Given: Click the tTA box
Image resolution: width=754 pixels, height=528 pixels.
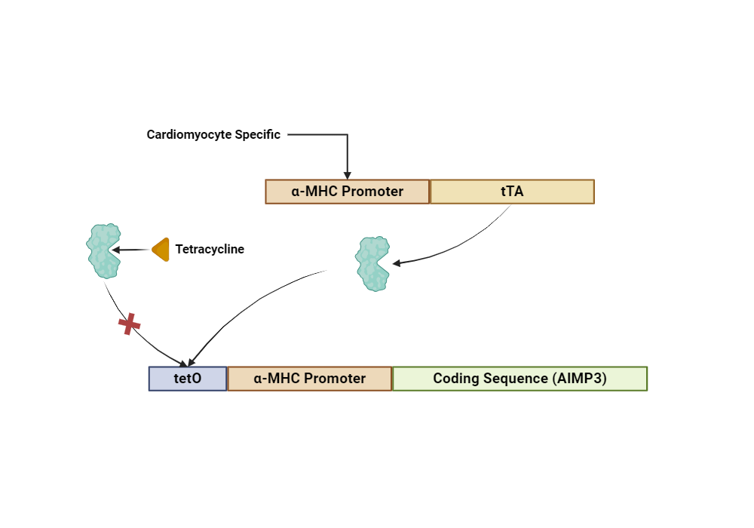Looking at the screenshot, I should coord(512,192).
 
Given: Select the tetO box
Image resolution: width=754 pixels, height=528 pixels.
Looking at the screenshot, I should coord(187,379).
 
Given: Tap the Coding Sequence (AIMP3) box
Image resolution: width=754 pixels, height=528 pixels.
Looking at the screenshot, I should coord(520,379).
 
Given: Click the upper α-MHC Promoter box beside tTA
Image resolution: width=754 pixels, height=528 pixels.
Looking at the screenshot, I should coord(348,192).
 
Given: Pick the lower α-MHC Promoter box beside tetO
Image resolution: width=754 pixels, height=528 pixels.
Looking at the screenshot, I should coord(310,379).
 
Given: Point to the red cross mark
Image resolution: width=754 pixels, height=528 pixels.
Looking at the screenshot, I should coord(130,324).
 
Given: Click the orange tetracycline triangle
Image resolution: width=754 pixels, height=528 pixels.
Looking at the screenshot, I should coord(161,250).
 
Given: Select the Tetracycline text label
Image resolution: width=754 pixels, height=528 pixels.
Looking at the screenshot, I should coord(210,250).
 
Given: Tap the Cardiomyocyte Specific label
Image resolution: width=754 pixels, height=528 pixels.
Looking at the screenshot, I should coord(213,135).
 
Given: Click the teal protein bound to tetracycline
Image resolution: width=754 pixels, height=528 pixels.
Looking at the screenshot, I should coord(103,250).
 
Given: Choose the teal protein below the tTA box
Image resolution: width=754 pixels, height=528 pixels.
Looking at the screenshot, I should coord(372,264).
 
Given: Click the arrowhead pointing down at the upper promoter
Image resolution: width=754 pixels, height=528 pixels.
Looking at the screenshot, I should coord(348,175).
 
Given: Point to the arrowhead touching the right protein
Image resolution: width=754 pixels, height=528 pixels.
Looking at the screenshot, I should coord(397,263).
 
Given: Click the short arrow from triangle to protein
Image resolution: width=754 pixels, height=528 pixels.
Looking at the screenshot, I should coord(132,250).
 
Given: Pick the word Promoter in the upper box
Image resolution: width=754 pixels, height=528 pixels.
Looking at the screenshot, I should coord(372,192).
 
